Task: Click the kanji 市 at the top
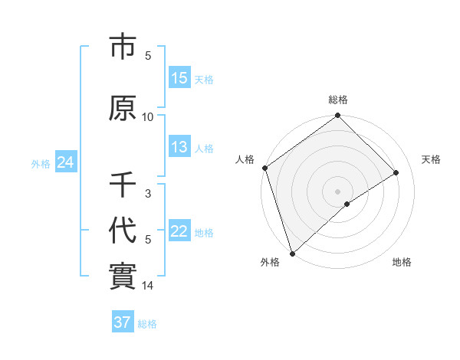tap(123, 47)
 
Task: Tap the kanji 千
tap(123, 185)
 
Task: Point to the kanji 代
tap(123, 231)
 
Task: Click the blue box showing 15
tap(179, 78)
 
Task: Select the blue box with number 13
tap(179, 147)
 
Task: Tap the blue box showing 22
tap(179, 231)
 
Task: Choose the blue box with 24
tap(65, 162)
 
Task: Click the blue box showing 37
tap(122, 322)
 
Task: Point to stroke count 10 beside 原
tap(148, 116)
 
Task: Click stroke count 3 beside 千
tap(148, 193)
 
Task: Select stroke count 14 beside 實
tap(148, 286)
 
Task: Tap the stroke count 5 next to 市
tap(148, 55)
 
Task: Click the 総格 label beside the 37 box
tap(147, 324)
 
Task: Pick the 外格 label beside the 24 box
tap(41, 163)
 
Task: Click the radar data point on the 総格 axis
tap(337, 116)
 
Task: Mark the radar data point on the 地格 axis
tap(347, 203)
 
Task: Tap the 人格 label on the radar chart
tap(245, 159)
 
